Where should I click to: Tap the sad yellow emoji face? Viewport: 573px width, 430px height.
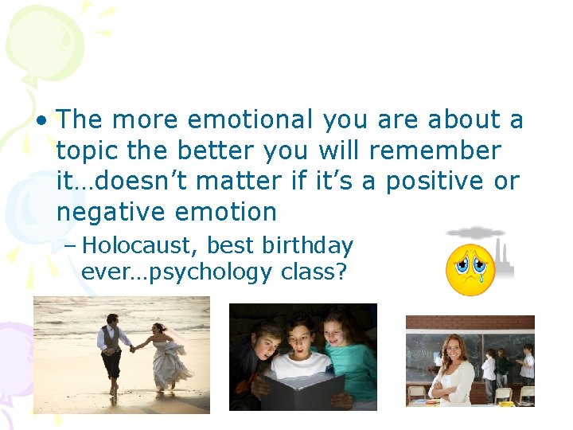pyautogui.click(x=470, y=270)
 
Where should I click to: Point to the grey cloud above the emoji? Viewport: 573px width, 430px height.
pyautogui.click(x=476, y=233)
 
